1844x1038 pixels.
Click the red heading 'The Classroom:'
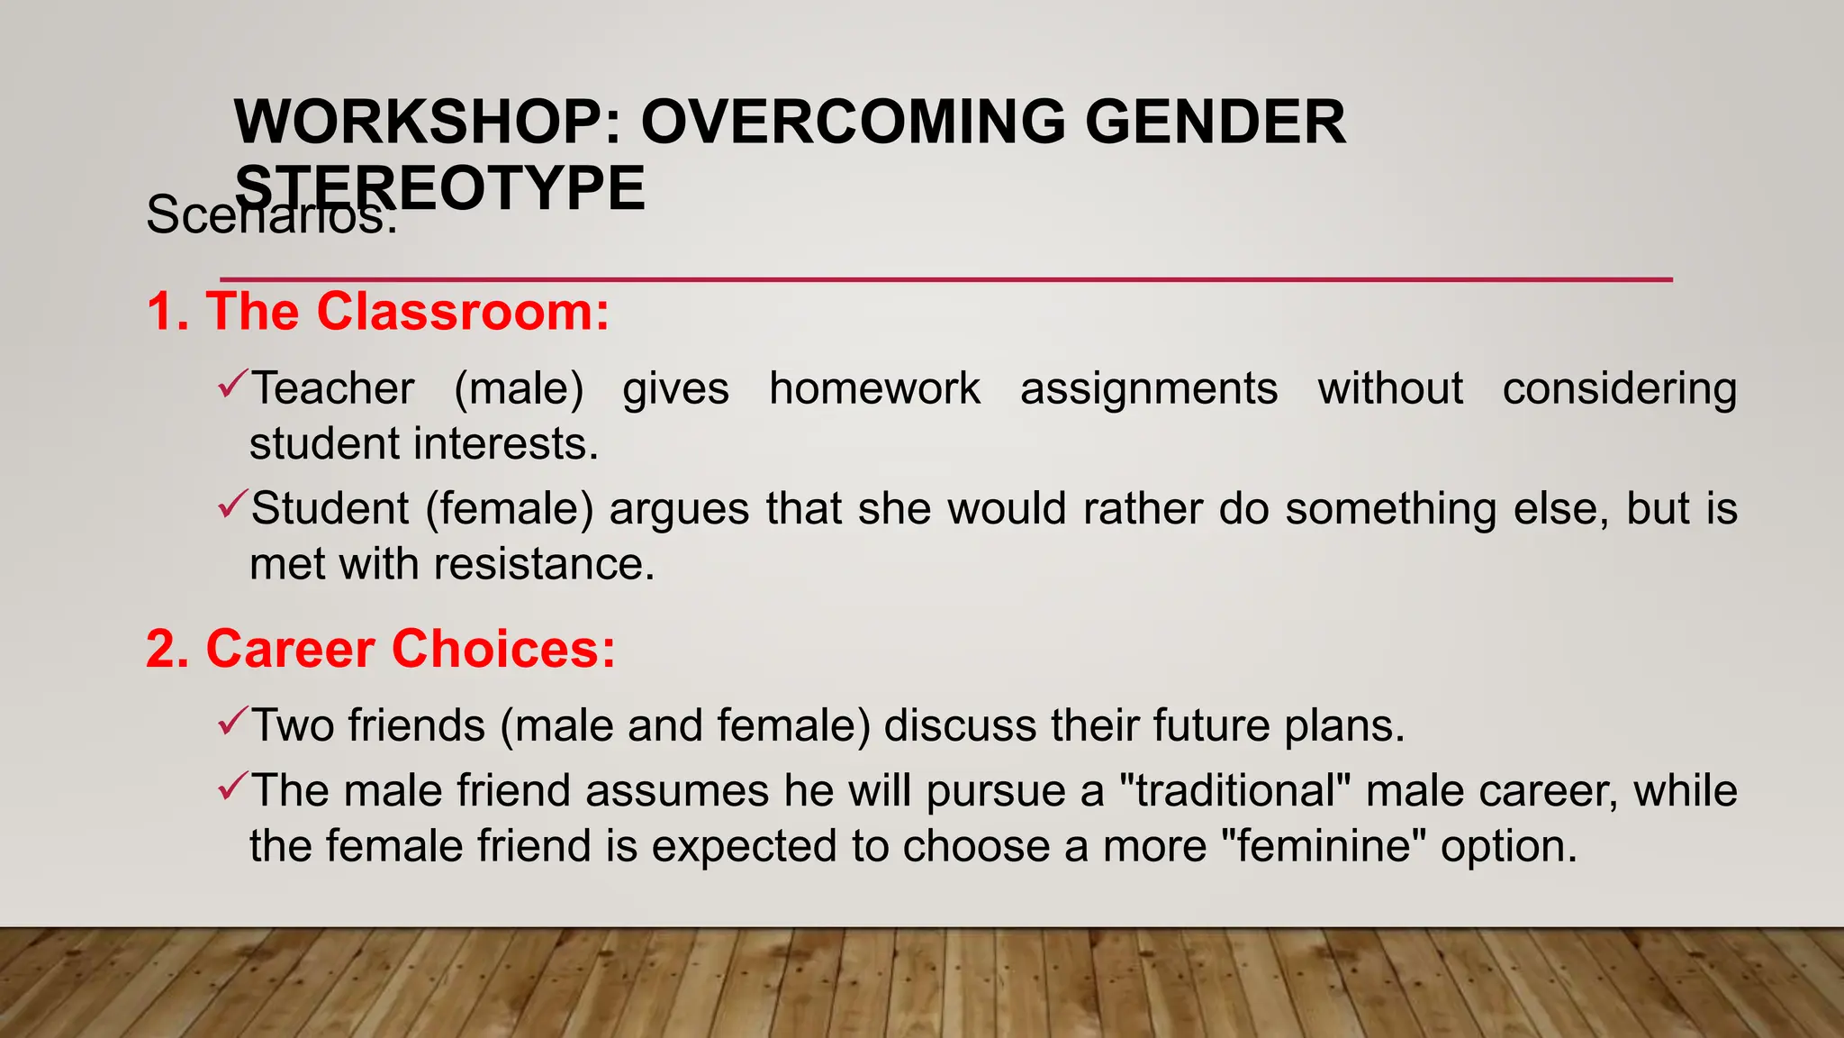pos(407,312)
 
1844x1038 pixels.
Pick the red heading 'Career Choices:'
pos(411,649)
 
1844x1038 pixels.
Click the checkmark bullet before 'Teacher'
pos(230,386)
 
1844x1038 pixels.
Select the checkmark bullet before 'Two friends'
pos(230,722)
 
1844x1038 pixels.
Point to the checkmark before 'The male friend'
pos(230,787)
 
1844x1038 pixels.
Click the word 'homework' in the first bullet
pos(874,389)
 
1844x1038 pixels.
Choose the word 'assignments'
pos(1148,389)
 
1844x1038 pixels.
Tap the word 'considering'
pos(1619,389)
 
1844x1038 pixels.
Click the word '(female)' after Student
pos(510,509)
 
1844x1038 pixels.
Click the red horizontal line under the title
pos(945,279)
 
